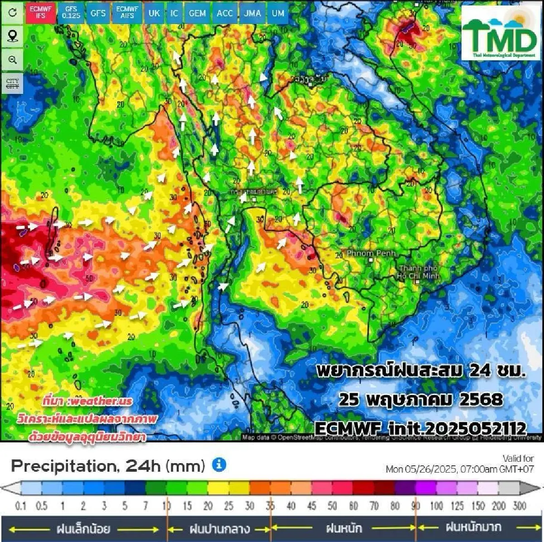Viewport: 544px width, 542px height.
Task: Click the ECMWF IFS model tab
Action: pyautogui.click(x=41, y=12)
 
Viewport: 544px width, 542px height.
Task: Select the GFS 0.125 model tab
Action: pyautogui.click(x=71, y=12)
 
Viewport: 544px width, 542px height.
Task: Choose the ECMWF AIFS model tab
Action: pyautogui.click(x=127, y=12)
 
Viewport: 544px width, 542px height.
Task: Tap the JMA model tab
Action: pyautogui.click(x=253, y=13)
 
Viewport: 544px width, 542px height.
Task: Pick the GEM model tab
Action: pyautogui.click(x=197, y=13)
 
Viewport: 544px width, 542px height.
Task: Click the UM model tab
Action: pyautogui.click(x=278, y=13)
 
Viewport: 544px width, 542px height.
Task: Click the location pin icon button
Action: pyautogui.click(x=12, y=36)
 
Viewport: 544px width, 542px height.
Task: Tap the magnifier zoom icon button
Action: pyautogui.click(x=12, y=60)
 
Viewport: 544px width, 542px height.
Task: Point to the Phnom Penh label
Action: pyautogui.click(x=371, y=254)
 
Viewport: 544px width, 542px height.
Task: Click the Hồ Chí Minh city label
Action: pyautogui.click(x=418, y=272)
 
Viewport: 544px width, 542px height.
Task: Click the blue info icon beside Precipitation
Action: pyautogui.click(x=219, y=465)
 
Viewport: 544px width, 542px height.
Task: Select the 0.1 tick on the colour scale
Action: pyautogui.click(x=21, y=505)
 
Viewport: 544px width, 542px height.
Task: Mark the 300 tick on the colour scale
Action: pyautogui.click(x=520, y=505)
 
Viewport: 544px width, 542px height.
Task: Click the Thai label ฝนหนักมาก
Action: pyautogui.click(x=473, y=527)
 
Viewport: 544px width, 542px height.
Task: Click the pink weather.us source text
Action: pyautogui.click(x=87, y=401)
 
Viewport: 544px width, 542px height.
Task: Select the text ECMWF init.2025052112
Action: pyautogui.click(x=420, y=428)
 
